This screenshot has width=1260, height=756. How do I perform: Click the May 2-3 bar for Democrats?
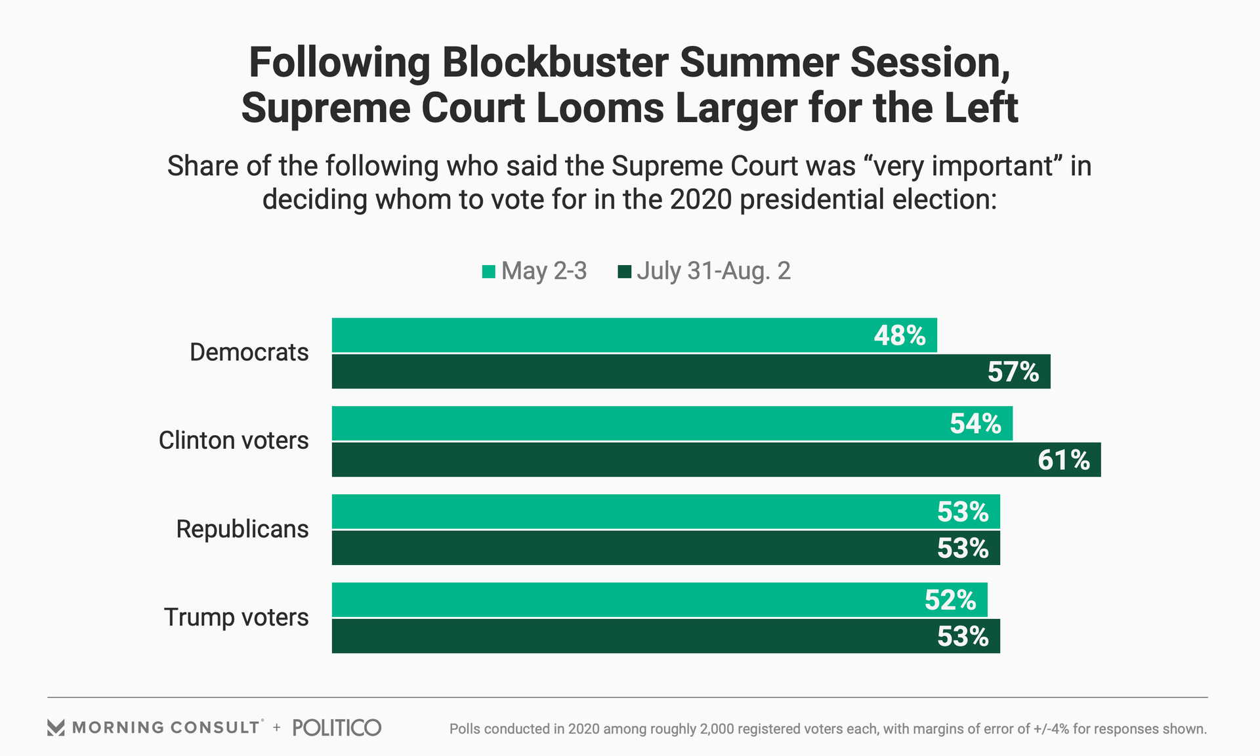(591, 335)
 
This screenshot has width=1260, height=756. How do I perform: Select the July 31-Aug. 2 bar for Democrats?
(656, 371)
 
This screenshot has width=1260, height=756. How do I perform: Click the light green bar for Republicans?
(623, 511)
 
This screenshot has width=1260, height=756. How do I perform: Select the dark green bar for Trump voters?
(623, 636)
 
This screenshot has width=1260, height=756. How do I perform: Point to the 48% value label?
(900, 335)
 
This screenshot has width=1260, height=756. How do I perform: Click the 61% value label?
(1064, 460)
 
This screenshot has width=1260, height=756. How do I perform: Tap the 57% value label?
(1013, 372)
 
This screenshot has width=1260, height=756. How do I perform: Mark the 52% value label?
(950, 600)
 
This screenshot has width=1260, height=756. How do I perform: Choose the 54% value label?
(976, 424)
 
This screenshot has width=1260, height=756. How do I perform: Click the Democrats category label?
(249, 352)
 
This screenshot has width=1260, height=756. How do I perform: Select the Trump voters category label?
(236, 618)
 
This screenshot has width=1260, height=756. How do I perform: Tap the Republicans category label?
(242, 529)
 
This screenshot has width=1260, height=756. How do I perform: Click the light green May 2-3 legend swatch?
(488, 272)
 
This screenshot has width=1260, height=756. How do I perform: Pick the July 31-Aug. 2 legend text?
(713, 271)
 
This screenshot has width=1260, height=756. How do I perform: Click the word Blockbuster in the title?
(555, 63)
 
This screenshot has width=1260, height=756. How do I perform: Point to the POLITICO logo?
(337, 727)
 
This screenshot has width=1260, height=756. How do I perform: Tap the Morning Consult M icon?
(56, 728)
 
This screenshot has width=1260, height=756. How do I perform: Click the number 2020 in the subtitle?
(700, 199)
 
